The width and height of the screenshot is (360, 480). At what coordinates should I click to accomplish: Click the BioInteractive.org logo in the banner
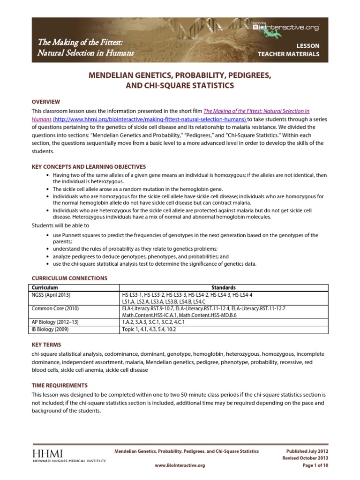[x=292, y=28]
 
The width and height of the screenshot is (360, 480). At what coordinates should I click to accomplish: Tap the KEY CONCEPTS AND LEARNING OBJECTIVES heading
[x=89, y=166]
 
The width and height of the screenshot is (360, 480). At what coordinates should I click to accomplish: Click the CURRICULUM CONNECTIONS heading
[x=69, y=278]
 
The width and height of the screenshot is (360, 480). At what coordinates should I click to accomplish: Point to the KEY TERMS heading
[x=46, y=345]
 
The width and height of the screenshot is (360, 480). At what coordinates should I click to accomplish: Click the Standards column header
[x=223, y=287]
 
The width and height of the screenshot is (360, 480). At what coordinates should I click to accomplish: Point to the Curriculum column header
[x=45, y=287]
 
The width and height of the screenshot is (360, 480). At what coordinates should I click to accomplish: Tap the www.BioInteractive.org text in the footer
[x=180, y=465]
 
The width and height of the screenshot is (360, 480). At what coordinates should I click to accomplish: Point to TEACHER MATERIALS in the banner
[x=289, y=54]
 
